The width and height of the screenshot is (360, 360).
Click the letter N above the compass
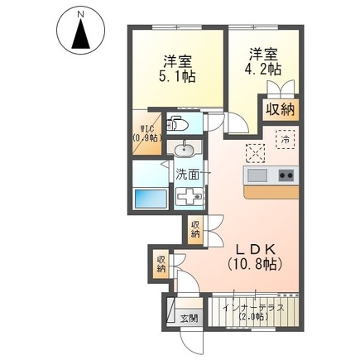[x=80, y=14]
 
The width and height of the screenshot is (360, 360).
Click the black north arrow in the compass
[x=80, y=35]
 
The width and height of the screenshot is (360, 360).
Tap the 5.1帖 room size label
[x=177, y=76]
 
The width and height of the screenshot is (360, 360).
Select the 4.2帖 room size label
[x=262, y=69]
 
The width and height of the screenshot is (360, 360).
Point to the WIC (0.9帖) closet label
[x=146, y=133]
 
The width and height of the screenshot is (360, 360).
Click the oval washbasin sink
[x=185, y=151]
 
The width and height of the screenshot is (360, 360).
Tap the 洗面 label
[x=187, y=175]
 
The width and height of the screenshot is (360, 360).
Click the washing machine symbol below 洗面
[x=190, y=196]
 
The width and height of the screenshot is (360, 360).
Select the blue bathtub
[x=151, y=199]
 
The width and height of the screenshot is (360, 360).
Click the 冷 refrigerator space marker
[x=286, y=139]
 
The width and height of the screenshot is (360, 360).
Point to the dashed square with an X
[x=256, y=153]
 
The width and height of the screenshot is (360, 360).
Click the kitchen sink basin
[x=257, y=175]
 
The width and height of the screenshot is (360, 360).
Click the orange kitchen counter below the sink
[x=271, y=192]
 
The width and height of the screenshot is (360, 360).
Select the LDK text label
[x=254, y=250]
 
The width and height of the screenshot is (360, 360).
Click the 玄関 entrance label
[x=189, y=319]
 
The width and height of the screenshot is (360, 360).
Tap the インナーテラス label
[x=254, y=308]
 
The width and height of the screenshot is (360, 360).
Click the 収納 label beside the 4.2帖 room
[x=281, y=110]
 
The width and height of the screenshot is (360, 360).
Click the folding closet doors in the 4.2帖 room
[x=281, y=89]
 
